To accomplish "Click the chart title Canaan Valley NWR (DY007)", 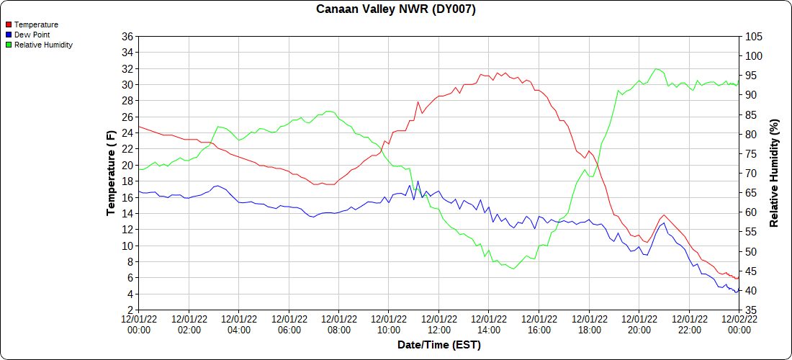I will (396, 9).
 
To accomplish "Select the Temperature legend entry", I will (36, 24).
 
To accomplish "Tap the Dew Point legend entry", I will (33, 35).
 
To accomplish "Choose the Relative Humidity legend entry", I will (43, 45).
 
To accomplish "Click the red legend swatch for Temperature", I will (8, 24).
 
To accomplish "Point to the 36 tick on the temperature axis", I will (127, 37).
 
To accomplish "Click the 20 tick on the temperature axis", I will (127, 165).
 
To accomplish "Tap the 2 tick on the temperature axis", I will (130, 310).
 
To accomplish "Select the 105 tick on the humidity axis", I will (753, 37).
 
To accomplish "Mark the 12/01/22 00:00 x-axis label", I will (139, 324).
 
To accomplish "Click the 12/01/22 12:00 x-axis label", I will (439, 324).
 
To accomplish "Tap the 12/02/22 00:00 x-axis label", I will (739, 324).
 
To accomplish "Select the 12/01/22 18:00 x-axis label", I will (589, 324).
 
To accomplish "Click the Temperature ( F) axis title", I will (111, 173).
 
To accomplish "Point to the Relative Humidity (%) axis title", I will (775, 173).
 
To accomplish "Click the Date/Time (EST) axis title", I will (439, 345).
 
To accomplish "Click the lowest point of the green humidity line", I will (513, 269).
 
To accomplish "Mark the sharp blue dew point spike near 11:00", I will (418, 181).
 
